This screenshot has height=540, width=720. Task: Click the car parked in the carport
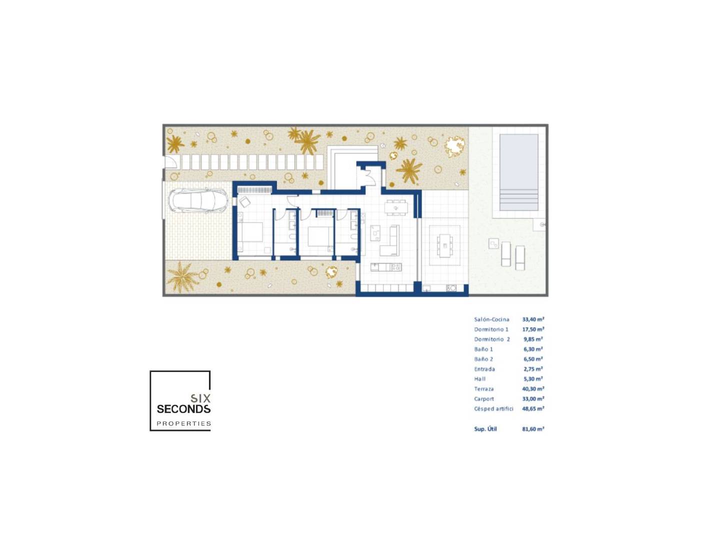[198, 200]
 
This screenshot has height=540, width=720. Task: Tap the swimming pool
[518, 172]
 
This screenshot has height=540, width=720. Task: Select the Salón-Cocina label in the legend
[491, 319]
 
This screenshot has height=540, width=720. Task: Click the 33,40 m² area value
[533, 319]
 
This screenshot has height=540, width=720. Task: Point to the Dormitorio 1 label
[491, 329]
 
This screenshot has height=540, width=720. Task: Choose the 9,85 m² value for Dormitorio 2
[533, 339]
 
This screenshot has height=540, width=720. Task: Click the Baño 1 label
[483, 349]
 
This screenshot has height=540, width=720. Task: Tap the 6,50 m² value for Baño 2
[533, 359]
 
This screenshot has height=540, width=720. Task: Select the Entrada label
[484, 369]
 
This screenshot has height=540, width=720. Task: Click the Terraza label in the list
[484, 389]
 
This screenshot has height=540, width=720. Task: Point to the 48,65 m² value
[533, 408]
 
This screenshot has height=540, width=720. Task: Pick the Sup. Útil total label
[485, 429]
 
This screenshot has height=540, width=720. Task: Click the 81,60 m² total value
[533, 429]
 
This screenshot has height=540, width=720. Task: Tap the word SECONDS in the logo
[183, 409]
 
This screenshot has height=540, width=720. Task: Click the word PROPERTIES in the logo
[183, 423]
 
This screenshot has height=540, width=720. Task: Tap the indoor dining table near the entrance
[396, 207]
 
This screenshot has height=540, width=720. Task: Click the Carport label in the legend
[484, 398]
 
